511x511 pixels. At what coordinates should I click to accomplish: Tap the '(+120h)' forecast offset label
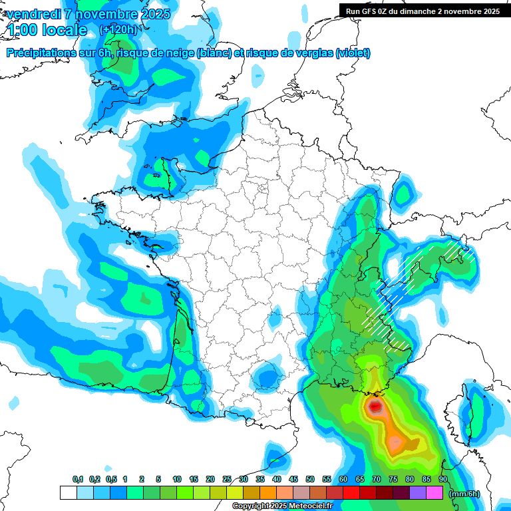click(x=118, y=29)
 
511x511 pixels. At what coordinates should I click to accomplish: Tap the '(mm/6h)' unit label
click(x=464, y=493)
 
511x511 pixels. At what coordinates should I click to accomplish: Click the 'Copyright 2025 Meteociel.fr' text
click(x=282, y=506)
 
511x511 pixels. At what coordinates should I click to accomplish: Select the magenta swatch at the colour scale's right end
click(x=434, y=492)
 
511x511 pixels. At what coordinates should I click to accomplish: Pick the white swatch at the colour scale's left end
click(x=68, y=492)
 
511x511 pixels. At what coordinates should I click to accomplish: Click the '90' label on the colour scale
click(x=442, y=479)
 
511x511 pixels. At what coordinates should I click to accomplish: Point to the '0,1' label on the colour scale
click(x=77, y=479)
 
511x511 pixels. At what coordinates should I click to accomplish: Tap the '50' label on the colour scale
click(x=310, y=479)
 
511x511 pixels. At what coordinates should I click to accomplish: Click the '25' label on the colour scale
click(x=227, y=479)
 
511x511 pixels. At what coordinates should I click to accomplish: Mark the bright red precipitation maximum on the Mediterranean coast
click(x=375, y=405)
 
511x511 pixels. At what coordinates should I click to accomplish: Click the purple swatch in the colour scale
click(x=418, y=492)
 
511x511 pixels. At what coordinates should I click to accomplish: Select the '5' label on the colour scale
click(x=158, y=479)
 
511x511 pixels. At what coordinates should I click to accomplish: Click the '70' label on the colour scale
click(x=377, y=479)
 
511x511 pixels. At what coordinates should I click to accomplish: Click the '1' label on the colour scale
click(x=125, y=479)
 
